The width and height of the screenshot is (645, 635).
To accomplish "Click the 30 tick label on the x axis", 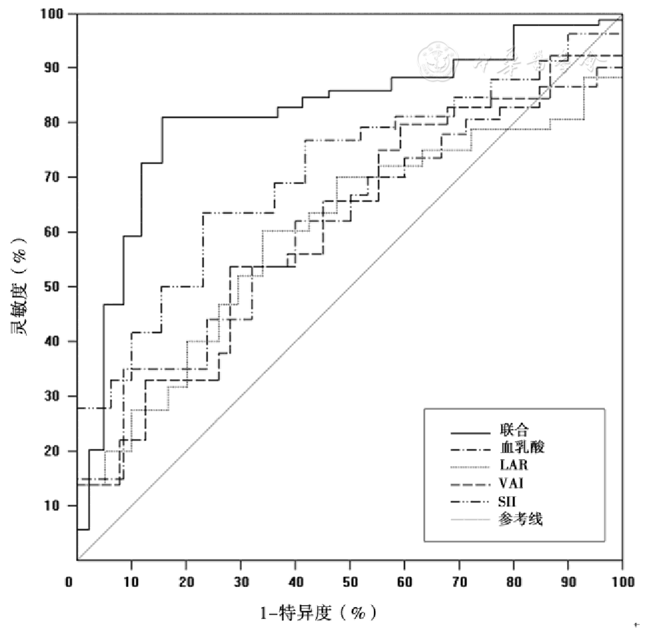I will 241,582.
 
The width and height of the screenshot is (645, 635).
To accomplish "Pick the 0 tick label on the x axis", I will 69,582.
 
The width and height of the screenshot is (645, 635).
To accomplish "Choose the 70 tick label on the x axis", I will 458,582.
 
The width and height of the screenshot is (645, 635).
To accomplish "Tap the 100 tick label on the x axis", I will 622,582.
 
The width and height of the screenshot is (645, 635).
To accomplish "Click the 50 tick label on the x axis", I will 350,582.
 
